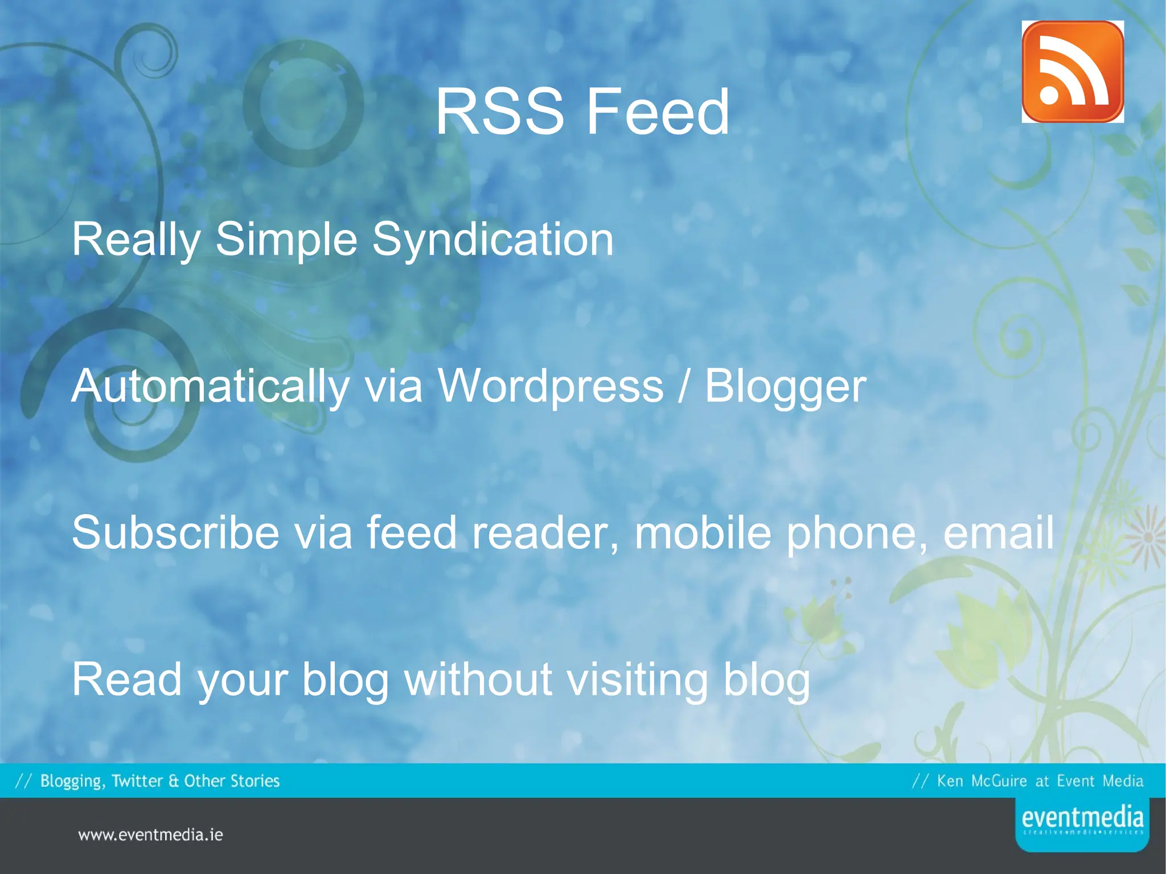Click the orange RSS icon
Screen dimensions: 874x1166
coord(1073,72)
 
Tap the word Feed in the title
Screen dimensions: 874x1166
coord(658,112)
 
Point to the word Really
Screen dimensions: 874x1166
coord(136,240)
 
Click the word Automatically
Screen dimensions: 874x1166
coord(210,387)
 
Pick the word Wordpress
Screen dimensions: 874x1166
coord(551,387)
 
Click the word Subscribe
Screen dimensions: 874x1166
coord(175,533)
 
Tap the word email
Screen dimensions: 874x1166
coord(999,533)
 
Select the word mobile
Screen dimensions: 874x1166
coord(703,533)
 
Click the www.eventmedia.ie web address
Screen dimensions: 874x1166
coord(150,835)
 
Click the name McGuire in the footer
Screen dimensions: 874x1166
coord(999,781)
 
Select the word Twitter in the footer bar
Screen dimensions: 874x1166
coord(137,781)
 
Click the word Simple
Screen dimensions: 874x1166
coord(286,240)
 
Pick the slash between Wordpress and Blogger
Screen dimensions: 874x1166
coord(684,387)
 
